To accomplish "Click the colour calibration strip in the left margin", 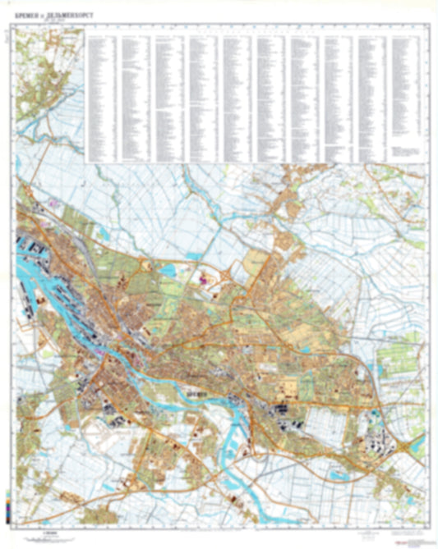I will click(x=7, y=510).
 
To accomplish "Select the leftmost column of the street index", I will click(x=101, y=94).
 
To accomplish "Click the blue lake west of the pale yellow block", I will click(x=173, y=268).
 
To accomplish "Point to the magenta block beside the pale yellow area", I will click(x=203, y=278).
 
